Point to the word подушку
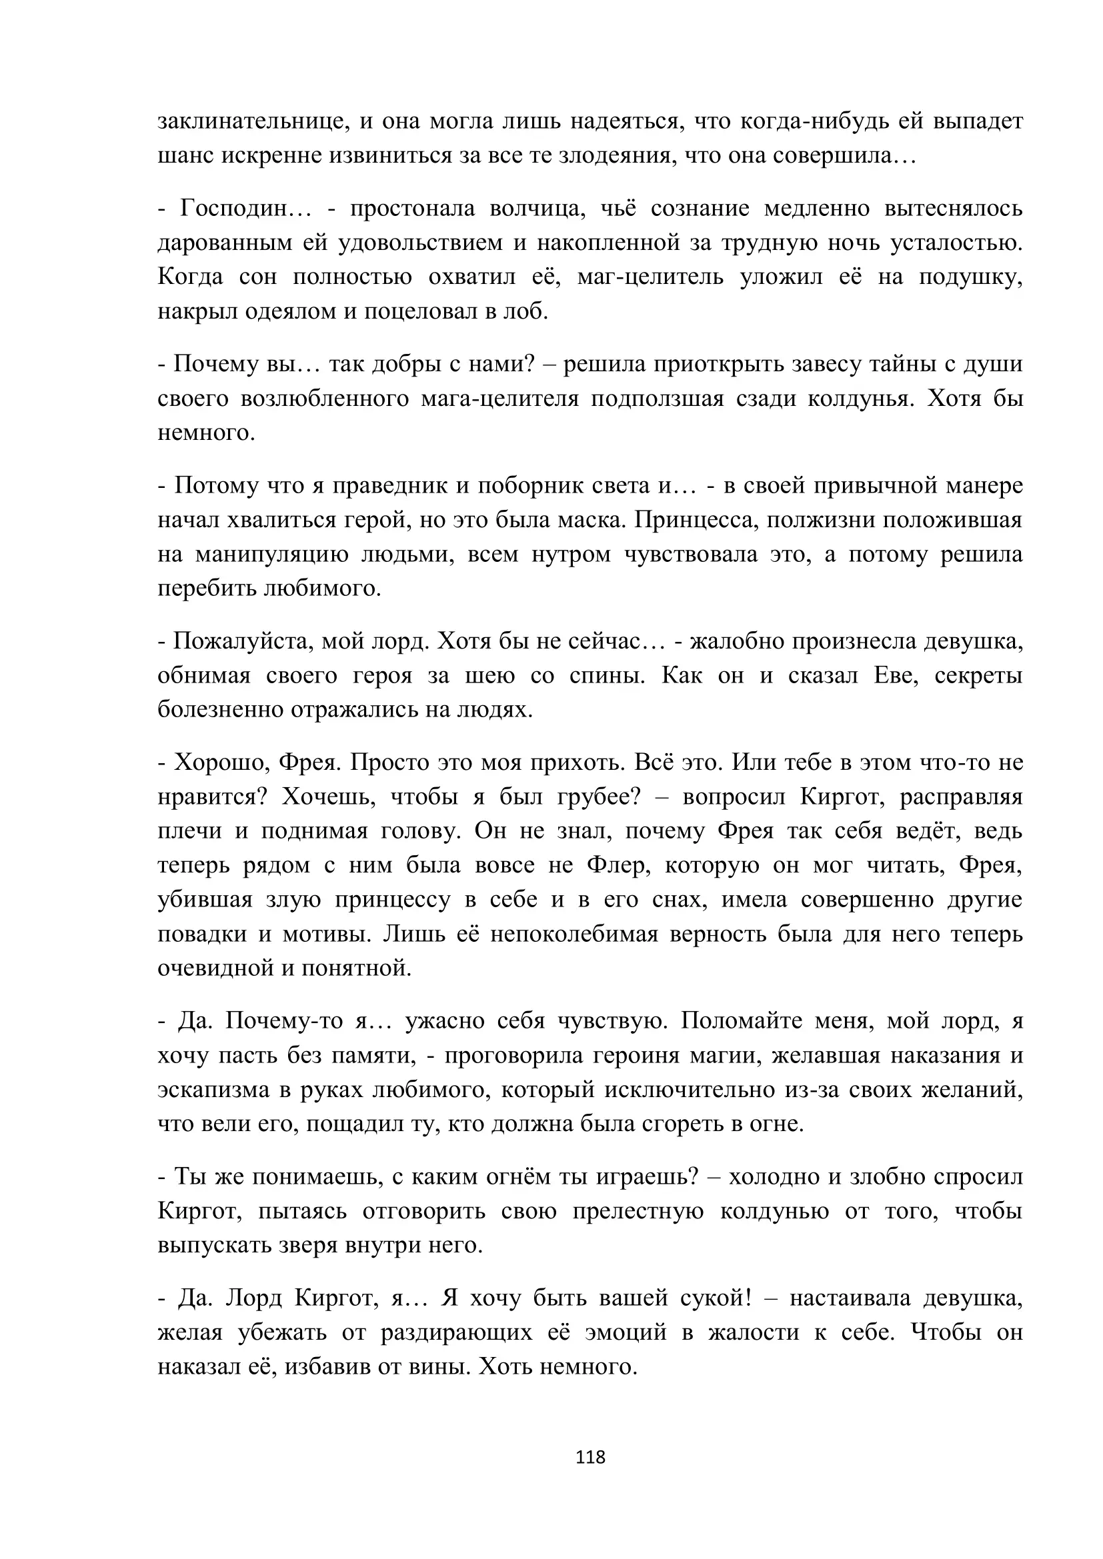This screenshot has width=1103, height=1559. click(970, 278)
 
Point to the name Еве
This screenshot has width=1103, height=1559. click(895, 676)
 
